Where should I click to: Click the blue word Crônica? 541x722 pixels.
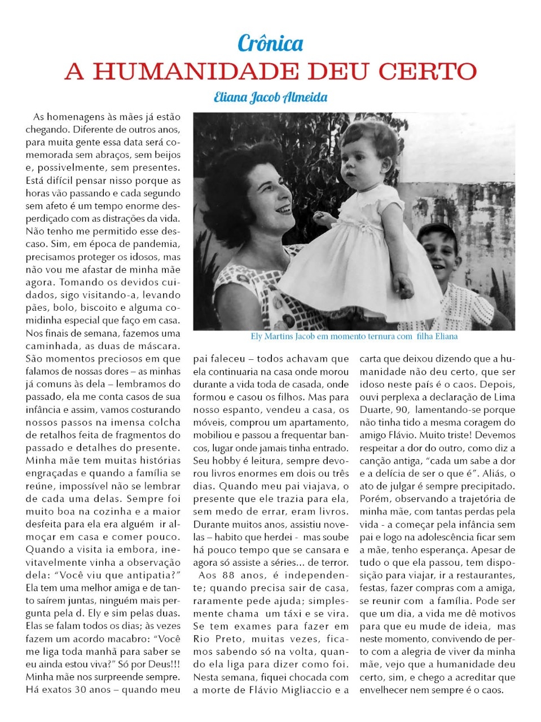click(x=270, y=44)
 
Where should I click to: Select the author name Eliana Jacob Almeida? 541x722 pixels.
click(x=270, y=97)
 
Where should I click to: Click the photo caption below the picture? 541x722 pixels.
click(x=354, y=337)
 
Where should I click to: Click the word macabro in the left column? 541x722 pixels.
click(x=127, y=639)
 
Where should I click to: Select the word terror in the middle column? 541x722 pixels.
click(x=335, y=563)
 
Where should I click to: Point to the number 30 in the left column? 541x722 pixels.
click(x=82, y=690)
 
